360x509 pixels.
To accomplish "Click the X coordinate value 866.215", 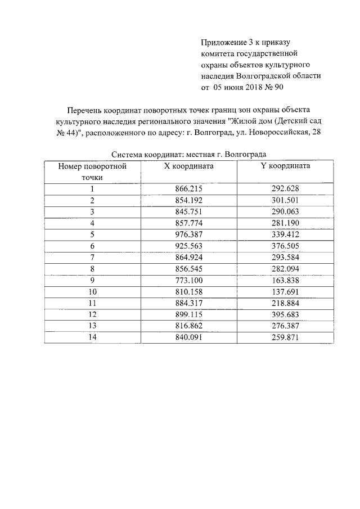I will (188, 190).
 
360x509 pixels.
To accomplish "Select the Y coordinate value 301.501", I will (285, 200).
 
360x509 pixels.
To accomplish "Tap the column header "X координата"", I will (188, 166).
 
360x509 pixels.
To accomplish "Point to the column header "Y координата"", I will (285, 166).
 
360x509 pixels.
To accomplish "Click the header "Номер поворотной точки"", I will (92, 172).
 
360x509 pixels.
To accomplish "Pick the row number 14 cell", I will (92, 337).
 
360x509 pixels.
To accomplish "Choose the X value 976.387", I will (188, 234).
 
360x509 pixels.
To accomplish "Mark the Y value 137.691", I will (285, 292).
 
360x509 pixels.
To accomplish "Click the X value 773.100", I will (188, 280).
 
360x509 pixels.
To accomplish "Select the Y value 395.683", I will (285, 315).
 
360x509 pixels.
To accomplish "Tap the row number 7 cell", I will (92, 257).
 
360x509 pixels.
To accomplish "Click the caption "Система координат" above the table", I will (147, 154).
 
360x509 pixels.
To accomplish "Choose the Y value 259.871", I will (285, 337).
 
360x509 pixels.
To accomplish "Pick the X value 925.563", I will (188, 246).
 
